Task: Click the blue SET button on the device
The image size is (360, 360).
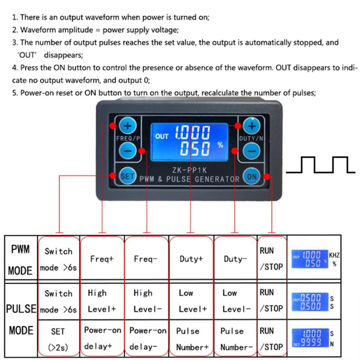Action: [x=127, y=176]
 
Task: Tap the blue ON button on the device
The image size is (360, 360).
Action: [x=252, y=176]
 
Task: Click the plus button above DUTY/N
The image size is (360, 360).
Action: [x=252, y=126]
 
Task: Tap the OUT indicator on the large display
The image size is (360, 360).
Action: [x=162, y=137]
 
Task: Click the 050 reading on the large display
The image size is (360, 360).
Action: [x=195, y=148]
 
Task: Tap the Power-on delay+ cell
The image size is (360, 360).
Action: [x=102, y=338]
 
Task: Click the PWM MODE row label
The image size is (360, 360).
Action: [x=20, y=260]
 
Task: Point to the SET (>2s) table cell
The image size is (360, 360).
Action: [x=58, y=339]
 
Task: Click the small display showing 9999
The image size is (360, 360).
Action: [x=310, y=337]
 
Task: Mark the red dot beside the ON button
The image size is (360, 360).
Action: [x=266, y=176]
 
